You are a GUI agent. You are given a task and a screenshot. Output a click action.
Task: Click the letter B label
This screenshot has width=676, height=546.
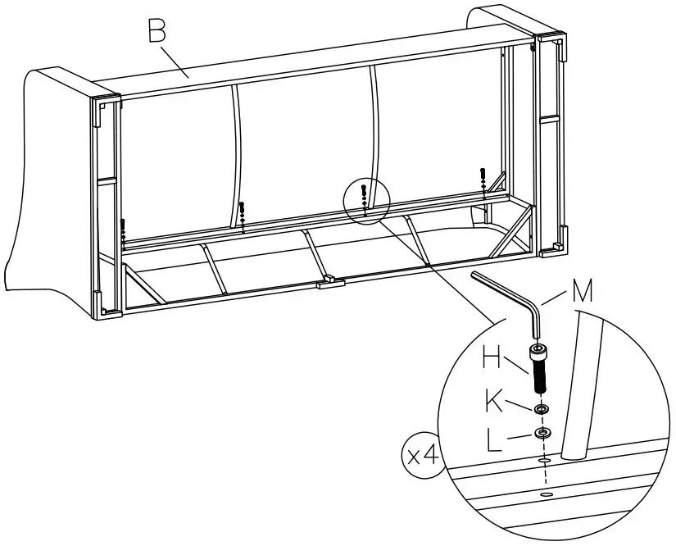(157, 31)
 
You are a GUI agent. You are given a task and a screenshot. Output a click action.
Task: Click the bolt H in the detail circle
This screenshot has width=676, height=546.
(540, 370)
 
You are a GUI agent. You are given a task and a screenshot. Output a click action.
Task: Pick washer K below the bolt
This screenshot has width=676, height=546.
(541, 409)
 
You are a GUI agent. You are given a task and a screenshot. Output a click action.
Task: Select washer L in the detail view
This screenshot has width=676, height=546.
(542, 432)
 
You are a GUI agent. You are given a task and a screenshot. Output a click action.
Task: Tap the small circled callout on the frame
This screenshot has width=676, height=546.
(365, 199)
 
